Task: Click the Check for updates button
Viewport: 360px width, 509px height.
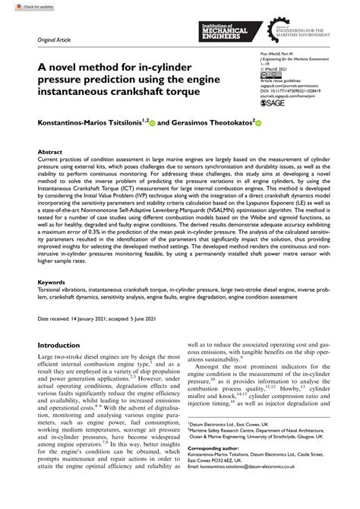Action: [x=23, y=6]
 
